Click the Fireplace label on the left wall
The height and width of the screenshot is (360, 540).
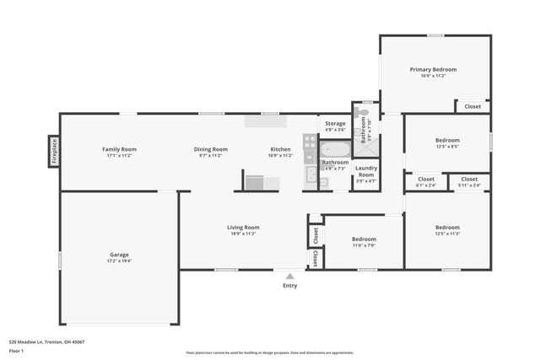52,152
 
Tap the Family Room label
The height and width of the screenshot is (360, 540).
119,149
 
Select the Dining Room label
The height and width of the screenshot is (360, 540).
210,149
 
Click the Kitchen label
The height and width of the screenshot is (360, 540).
280,149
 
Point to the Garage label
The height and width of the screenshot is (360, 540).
119,255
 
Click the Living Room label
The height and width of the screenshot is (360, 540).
243,227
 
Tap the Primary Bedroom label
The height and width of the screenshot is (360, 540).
433,69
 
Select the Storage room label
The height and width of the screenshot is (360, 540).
335,124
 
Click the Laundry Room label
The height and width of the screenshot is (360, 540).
365,171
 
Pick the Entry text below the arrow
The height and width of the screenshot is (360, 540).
289,286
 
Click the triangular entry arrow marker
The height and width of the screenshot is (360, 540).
289,275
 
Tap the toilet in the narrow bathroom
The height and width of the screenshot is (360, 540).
364,112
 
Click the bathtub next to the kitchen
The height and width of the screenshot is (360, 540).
332,149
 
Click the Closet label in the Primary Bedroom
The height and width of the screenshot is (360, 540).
472,106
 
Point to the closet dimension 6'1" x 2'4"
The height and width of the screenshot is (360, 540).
426,185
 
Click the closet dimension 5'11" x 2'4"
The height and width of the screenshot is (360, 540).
469,185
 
